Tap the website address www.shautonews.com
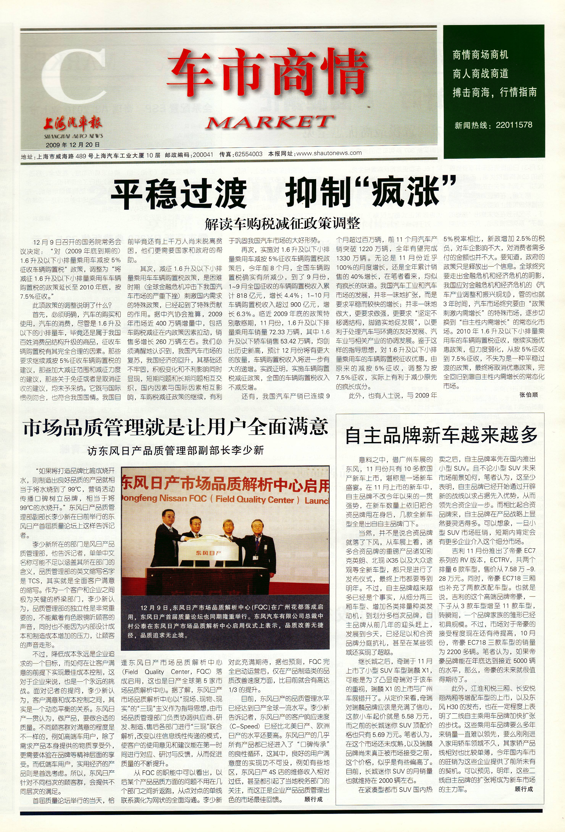tap(329, 153)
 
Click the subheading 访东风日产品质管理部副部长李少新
tap(175, 450)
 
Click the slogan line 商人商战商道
tap(480, 74)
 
